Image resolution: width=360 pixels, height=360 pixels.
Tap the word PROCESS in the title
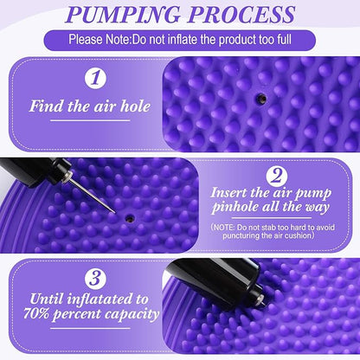pyautogui.click(x=245, y=15)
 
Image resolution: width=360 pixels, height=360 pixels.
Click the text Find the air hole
pyautogui.click(x=90, y=107)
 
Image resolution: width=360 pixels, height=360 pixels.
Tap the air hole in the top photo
pyautogui.click(x=257, y=99)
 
